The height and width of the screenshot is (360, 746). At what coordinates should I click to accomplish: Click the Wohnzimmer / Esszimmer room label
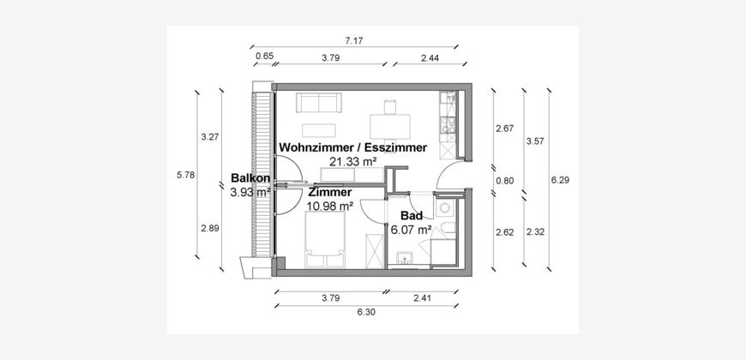click(352, 147)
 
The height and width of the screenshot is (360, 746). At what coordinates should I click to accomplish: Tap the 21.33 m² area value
click(352, 161)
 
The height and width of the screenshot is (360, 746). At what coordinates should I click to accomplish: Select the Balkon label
click(250, 178)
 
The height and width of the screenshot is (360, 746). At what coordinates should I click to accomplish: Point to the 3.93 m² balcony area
click(250, 192)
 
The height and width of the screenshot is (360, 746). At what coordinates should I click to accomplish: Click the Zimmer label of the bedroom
click(330, 193)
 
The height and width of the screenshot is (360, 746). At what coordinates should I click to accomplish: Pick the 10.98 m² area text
click(330, 206)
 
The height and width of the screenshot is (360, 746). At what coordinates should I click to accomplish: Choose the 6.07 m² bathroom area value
click(411, 231)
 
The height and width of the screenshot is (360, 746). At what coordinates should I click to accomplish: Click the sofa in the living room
click(319, 104)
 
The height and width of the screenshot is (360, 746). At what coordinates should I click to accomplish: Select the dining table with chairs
click(391, 118)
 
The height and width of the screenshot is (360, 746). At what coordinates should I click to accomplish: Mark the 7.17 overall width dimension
click(354, 40)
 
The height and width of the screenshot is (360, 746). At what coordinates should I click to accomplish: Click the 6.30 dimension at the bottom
click(365, 312)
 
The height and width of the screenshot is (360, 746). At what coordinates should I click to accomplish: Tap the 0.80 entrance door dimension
click(504, 180)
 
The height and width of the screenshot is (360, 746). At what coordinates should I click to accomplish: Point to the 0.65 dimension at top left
click(265, 57)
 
